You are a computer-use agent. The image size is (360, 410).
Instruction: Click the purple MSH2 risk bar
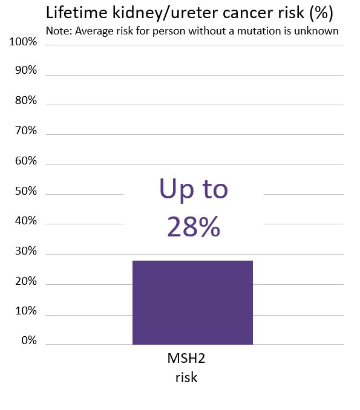[x=192, y=302]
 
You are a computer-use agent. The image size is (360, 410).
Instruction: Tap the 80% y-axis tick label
[x=25, y=100]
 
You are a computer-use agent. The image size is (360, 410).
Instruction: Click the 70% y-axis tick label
[x=25, y=131]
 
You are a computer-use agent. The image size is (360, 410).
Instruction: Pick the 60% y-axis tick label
[x=25, y=161]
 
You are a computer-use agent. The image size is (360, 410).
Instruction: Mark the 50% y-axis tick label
[x=25, y=192]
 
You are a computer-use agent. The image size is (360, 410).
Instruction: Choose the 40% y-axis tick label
[x=25, y=221]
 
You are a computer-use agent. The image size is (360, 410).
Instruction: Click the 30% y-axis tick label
[x=25, y=252]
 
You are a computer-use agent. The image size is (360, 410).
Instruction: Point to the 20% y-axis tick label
[x=25, y=282]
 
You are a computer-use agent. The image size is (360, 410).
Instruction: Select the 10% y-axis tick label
[x=25, y=311]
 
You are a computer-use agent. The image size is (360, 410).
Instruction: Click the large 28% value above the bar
[x=194, y=227]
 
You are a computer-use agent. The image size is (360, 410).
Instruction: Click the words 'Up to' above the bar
[x=194, y=190]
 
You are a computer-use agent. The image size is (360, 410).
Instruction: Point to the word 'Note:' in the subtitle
[x=59, y=31]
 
